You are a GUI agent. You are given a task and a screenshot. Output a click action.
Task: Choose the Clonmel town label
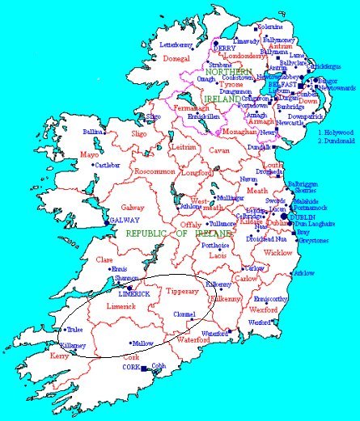tap(184, 315)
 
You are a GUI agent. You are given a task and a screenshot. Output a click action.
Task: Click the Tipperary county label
tap(181, 290)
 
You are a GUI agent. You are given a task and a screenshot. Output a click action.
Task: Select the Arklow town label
tap(303, 273)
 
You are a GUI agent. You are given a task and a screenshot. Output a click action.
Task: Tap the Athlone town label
tap(192, 206)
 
